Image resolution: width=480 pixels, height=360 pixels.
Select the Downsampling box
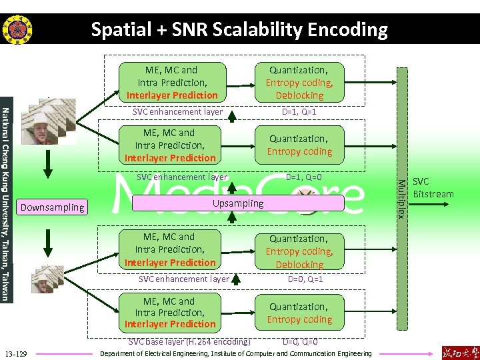pyautogui.click(x=53, y=207)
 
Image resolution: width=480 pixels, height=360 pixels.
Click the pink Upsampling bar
pyautogui.click(x=238, y=203)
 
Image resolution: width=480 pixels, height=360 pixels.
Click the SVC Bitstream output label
pyautogui.click(x=433, y=188)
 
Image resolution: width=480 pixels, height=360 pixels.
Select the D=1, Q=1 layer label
pyautogui.click(x=299, y=112)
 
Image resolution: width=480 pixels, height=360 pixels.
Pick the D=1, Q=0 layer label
pyautogui.click(x=303, y=177)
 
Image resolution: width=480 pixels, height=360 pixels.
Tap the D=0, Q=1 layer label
pyautogui.click(x=305, y=279)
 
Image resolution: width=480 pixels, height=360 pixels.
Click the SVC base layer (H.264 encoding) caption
pyautogui.click(x=189, y=342)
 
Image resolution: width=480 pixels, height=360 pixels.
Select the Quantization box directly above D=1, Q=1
pyautogui.click(x=299, y=83)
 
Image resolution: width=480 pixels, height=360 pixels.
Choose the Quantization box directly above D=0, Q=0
pyautogui.click(x=299, y=313)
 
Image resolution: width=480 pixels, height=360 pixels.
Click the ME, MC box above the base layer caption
pyautogui.click(x=171, y=313)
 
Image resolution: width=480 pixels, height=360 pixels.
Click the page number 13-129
pyautogui.click(x=15, y=353)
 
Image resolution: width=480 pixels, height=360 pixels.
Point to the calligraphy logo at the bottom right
pyautogui.click(x=459, y=351)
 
